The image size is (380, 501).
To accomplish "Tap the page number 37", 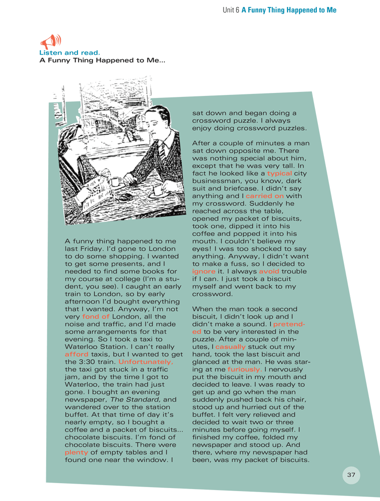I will click(351, 475).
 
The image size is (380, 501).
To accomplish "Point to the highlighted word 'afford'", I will click(76, 354).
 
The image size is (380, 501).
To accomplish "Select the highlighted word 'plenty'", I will click(76, 452).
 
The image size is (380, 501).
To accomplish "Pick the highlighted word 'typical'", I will click(279, 173).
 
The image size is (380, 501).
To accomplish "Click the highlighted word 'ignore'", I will click(204, 271).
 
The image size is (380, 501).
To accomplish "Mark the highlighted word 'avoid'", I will click(269, 271).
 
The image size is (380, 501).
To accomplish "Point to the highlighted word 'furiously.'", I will click(245, 369).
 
